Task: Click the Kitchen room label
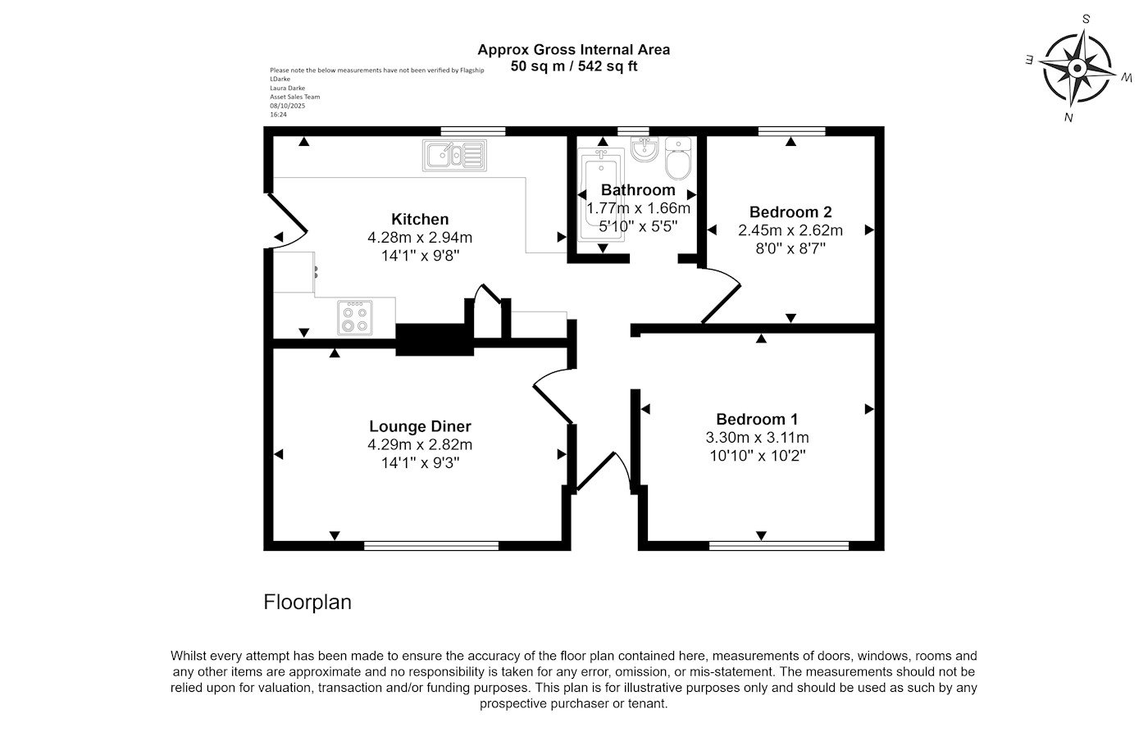pos(420,220)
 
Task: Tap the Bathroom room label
pos(638,190)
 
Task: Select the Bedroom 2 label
pos(790,212)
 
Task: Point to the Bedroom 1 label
pos(757,419)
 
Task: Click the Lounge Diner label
pos(420,426)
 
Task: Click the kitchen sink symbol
pos(454,155)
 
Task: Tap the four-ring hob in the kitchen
pos(355,317)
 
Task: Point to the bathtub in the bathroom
pos(602,197)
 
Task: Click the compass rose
pos(1077,69)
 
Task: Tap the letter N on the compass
pos(1068,117)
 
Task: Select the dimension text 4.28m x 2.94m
pos(420,238)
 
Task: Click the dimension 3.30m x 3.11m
pos(757,438)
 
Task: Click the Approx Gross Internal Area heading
pos(574,49)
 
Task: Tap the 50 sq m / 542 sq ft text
pos(574,66)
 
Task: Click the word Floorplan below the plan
pos(307,602)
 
